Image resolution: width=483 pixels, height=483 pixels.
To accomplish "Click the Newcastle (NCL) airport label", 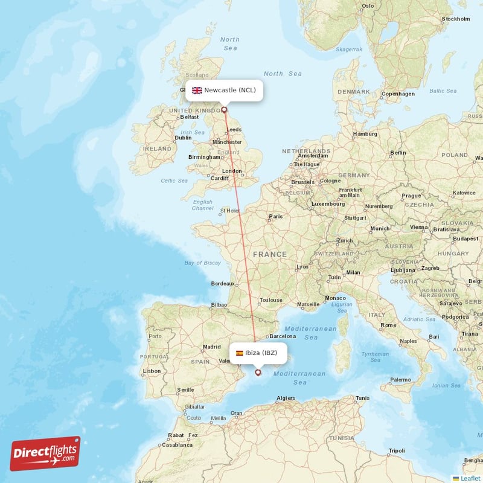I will coord(229,91).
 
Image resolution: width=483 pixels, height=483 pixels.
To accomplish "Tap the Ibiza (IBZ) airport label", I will coord(261,353).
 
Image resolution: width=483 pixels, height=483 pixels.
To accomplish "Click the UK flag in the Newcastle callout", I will coord(197,91).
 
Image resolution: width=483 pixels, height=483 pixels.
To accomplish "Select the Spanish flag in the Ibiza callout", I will coord(239,353).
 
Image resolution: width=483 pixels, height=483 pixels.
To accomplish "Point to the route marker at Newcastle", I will coord(225,110).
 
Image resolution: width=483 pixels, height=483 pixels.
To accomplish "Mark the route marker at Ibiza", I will coord(258,373).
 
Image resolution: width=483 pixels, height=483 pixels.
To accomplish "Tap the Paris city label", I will coord(275,216).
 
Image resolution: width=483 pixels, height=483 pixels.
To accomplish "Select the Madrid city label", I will coord(211,347).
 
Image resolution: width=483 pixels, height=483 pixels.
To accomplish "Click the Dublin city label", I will coord(183,138).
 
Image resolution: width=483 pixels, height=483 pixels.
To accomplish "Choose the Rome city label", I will coord(388,325).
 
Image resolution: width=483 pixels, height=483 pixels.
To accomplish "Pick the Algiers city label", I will coord(285,398).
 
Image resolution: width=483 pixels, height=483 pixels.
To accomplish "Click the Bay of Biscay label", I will coord(202,263).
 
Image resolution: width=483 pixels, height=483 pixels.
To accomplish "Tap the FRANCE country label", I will coord(270,254).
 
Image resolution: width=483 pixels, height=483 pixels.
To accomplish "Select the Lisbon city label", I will coord(152,371).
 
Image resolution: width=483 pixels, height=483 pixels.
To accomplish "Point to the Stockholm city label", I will coord(456,19).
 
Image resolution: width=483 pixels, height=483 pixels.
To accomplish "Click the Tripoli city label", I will coord(397,450).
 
